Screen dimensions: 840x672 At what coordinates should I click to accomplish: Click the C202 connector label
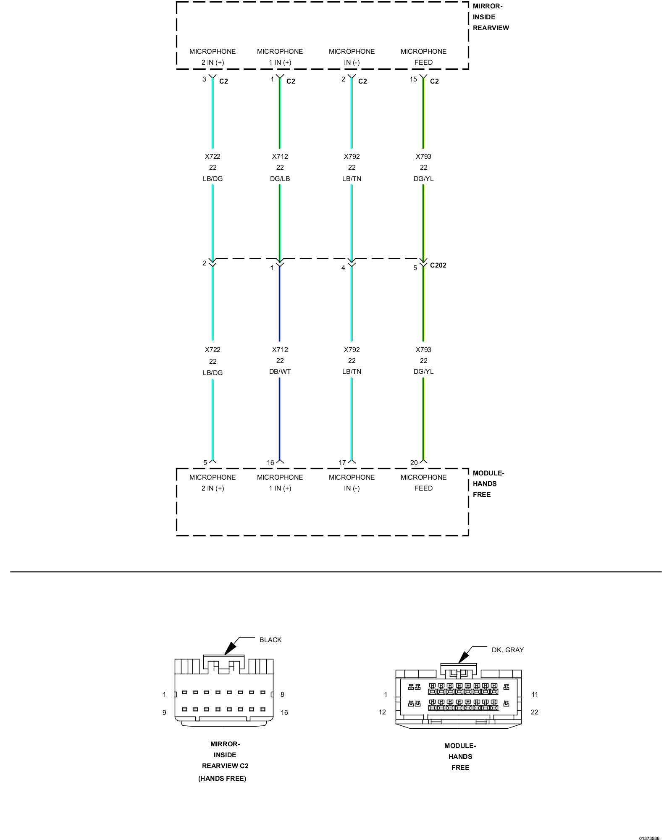click(x=438, y=265)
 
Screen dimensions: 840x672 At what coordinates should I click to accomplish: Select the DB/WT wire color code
click(x=280, y=371)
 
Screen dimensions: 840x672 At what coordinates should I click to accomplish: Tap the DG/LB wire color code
click(x=280, y=178)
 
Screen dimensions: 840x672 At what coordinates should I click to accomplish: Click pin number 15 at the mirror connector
click(x=413, y=79)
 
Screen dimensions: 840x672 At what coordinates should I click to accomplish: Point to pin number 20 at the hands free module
click(x=414, y=462)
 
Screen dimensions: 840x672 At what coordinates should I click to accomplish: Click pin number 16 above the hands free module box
click(x=270, y=462)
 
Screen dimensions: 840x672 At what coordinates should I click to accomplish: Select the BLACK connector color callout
click(x=270, y=640)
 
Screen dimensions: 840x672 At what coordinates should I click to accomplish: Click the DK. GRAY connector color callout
click(x=507, y=650)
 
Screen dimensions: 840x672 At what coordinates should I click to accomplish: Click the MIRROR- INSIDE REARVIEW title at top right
click(x=490, y=17)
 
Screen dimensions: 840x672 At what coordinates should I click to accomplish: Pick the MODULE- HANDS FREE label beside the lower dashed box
click(x=488, y=484)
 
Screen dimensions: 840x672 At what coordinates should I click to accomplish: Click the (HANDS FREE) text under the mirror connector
click(x=222, y=778)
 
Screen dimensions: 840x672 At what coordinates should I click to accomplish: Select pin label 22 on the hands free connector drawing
click(x=534, y=712)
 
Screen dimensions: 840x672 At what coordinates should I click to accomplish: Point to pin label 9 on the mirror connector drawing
click(x=164, y=712)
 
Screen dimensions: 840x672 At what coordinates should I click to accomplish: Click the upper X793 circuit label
click(x=423, y=156)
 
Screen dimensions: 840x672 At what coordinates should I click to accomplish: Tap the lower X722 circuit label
click(x=213, y=349)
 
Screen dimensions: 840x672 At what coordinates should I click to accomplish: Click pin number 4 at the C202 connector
click(x=343, y=268)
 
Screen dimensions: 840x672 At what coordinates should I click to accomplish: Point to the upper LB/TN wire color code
click(x=352, y=178)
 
